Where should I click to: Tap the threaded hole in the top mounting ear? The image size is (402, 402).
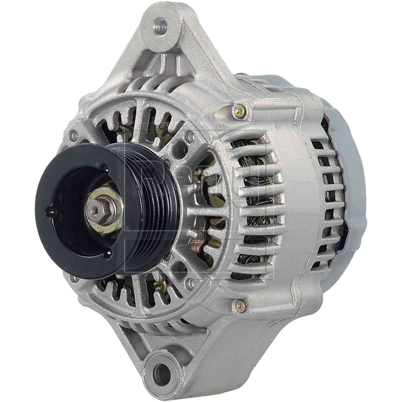(x=160, y=26)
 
